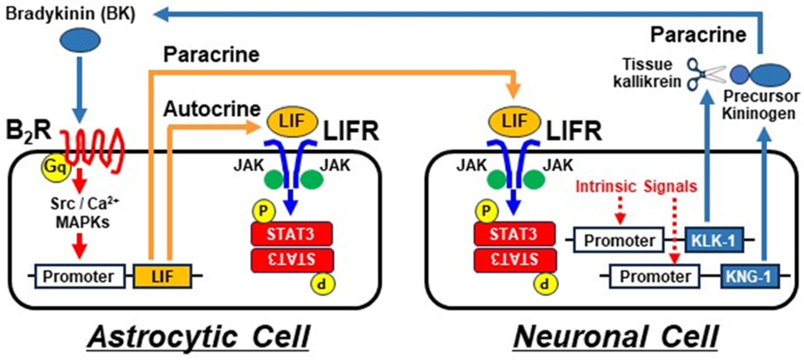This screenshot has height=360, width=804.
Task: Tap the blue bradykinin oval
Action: pyautogui.click(x=80, y=40)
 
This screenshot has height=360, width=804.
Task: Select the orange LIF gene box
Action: pyautogui.click(x=162, y=276)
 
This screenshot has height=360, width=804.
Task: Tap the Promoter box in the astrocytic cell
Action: pyautogui.click(x=80, y=276)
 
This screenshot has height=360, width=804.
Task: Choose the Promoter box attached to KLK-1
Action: pyautogui.click(x=619, y=240)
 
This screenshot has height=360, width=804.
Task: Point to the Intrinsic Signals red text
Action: pyautogui.click(x=636, y=187)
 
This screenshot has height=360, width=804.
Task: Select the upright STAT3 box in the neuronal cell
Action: pyautogui.click(x=514, y=234)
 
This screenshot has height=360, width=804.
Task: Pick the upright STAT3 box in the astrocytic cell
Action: pyautogui.click(x=291, y=234)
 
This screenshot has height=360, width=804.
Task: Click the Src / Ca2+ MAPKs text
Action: pyautogui.click(x=84, y=213)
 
